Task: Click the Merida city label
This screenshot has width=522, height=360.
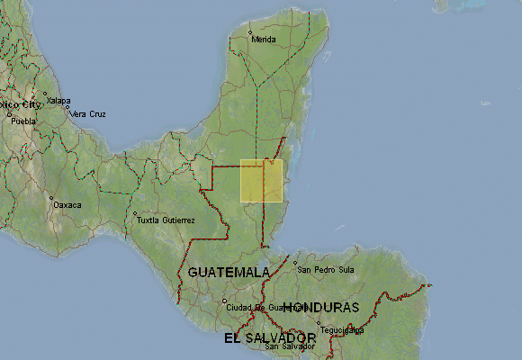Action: [x=265, y=40]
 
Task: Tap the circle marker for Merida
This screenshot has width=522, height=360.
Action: [x=251, y=33]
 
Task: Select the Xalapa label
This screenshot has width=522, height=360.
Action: [x=58, y=100]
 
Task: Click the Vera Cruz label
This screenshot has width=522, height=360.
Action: [x=89, y=114]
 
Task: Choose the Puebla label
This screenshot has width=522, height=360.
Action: [x=23, y=120]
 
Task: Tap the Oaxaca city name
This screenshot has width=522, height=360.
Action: [x=67, y=205]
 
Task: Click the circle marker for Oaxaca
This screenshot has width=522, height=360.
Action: [x=51, y=199]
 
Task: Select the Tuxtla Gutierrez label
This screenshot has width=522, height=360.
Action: [x=165, y=220]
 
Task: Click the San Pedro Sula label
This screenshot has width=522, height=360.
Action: [x=327, y=269]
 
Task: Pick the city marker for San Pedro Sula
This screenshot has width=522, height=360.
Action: [x=295, y=263]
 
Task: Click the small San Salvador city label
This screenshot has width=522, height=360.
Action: [x=290, y=346]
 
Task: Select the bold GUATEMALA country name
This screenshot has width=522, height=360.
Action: [x=229, y=272]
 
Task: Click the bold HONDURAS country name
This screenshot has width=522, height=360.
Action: [x=321, y=308]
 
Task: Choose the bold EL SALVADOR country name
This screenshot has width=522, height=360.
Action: [x=269, y=338]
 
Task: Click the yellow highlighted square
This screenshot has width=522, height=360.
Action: [x=262, y=181]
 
